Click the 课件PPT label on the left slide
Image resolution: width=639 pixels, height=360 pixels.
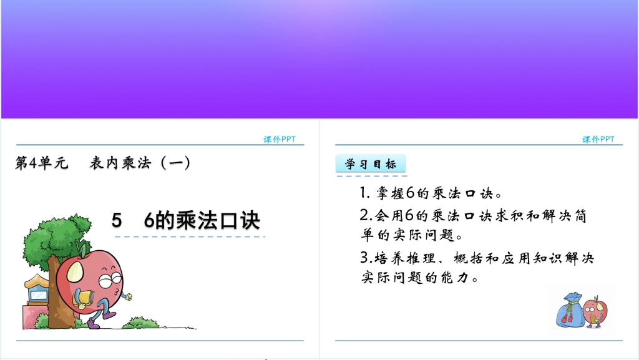click(x=280, y=139)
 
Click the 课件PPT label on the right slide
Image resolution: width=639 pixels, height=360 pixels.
click(x=598, y=139)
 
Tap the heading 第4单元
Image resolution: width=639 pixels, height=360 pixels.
click(x=41, y=163)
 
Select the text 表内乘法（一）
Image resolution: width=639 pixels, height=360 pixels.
click(x=140, y=163)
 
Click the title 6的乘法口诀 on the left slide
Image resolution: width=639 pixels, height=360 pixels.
click(x=202, y=220)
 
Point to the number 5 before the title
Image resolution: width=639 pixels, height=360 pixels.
click(x=117, y=220)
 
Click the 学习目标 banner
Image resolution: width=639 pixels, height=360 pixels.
click(x=371, y=164)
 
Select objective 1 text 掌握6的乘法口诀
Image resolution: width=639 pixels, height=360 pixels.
click(x=434, y=193)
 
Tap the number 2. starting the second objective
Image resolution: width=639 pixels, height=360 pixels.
click(x=366, y=215)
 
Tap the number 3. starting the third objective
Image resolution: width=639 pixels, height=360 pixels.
click(x=366, y=258)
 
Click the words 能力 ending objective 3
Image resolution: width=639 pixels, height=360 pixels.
click(x=454, y=277)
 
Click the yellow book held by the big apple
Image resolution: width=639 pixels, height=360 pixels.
click(x=84, y=299)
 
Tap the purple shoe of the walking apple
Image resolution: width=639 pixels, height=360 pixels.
click(x=94, y=324)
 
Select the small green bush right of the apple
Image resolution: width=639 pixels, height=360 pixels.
click(x=140, y=323)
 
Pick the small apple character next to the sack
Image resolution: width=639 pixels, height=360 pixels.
click(x=595, y=311)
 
